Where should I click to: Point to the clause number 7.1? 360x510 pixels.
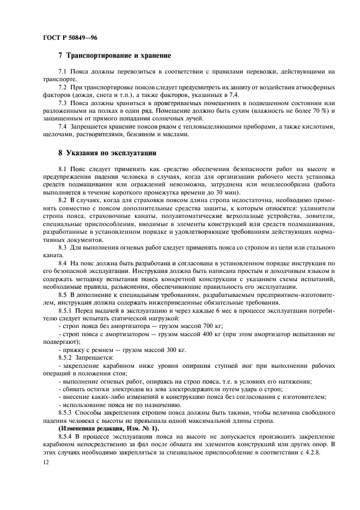pos(62,72)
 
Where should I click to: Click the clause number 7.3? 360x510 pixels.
pos(62,102)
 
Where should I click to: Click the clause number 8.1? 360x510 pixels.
pos(62,171)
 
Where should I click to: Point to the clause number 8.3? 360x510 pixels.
pos(62,248)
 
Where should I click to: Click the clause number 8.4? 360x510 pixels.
pos(62,264)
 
